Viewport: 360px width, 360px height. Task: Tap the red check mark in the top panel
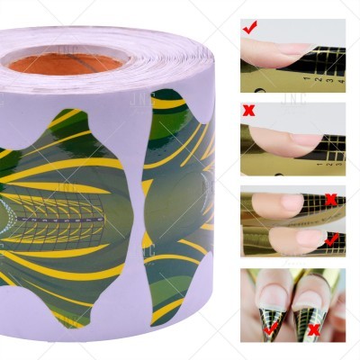click(x=249, y=29)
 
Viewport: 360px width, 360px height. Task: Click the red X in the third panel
click(x=330, y=199)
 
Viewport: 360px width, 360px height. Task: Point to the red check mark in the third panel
click(x=332, y=239)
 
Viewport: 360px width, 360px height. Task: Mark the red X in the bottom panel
click(x=314, y=330)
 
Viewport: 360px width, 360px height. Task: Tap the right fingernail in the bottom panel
click(x=311, y=293)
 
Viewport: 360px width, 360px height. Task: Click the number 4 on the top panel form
click(x=337, y=79)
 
